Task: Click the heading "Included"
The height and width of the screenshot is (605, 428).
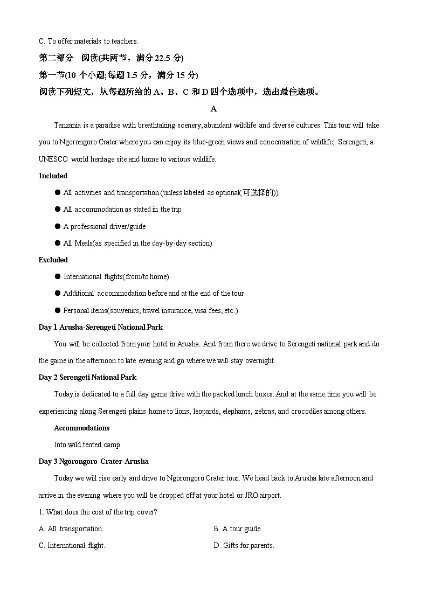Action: [x=53, y=176]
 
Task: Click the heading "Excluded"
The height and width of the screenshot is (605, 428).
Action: [x=53, y=260]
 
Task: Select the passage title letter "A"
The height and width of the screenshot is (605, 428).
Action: [x=213, y=109]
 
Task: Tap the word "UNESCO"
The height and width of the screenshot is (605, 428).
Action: [x=53, y=159]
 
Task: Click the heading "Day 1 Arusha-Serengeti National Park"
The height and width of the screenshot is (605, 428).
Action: [x=100, y=327]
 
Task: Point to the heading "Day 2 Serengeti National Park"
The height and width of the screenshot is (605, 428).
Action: [x=87, y=377]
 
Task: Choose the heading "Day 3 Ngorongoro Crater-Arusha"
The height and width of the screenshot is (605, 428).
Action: [x=93, y=461]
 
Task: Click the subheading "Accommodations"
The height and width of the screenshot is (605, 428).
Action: [x=81, y=428]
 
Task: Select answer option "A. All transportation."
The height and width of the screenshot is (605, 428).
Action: [x=71, y=528]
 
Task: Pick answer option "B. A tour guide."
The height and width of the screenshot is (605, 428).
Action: [x=238, y=528]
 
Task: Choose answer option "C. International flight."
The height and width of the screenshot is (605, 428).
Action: [x=72, y=545]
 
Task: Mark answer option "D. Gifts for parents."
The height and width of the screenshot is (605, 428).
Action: [x=244, y=545]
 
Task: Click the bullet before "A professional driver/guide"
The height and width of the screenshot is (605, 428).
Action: [x=57, y=226]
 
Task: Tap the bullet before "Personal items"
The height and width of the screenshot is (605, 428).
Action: [x=57, y=310]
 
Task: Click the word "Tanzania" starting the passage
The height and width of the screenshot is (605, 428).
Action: [x=67, y=125]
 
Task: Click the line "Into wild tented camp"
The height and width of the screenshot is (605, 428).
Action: [x=87, y=444]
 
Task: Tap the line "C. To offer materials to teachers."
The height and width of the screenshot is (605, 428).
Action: [x=88, y=41]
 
